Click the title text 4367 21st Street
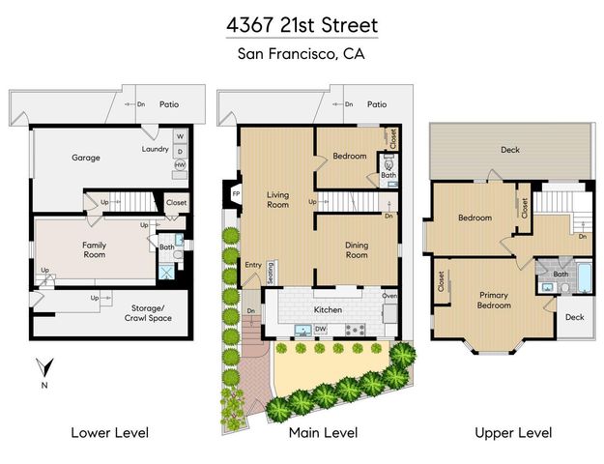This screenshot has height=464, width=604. [x=302, y=22]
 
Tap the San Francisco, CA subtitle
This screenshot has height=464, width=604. [x=302, y=53]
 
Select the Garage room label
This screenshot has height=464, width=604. [x=86, y=158]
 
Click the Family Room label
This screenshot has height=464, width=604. [x=94, y=251]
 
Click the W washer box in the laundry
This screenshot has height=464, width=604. [x=180, y=136]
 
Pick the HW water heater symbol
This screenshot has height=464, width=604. [x=180, y=165]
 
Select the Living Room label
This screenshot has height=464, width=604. [x=277, y=199]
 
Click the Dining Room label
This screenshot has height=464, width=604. [x=357, y=250]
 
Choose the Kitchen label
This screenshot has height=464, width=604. [x=329, y=309]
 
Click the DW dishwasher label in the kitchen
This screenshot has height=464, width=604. [x=320, y=330]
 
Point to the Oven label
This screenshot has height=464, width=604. [x=389, y=296]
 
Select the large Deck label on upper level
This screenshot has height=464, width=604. [x=509, y=150]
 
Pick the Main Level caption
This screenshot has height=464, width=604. [x=323, y=432]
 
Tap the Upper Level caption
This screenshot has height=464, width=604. [x=512, y=432]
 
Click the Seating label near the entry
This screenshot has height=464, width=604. [x=271, y=272]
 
